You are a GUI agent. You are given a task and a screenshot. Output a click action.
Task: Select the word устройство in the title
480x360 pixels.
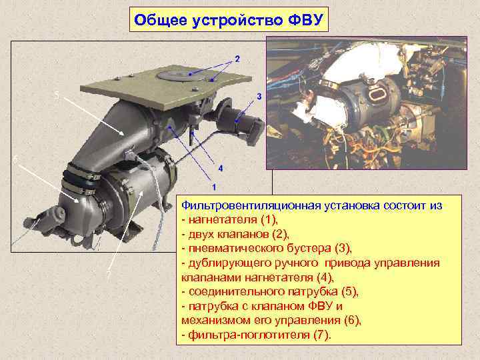pyautogui.click(x=239, y=20)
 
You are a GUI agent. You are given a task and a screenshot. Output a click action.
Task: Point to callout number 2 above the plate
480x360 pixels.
pyautogui.click(x=237, y=59)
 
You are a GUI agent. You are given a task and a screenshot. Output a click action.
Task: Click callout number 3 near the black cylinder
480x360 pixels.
pyautogui.click(x=258, y=97)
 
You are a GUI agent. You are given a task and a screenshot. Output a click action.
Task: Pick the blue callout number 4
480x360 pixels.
pyautogui.click(x=220, y=167)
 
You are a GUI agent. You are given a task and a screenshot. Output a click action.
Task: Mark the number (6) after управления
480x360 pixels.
pyautogui.click(x=349, y=321)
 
